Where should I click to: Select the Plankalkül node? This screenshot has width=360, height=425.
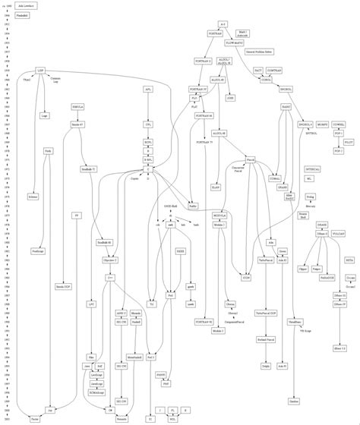pos(23,14)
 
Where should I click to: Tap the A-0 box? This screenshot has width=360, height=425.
pos(222,25)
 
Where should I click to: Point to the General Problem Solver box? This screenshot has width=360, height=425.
pos(258,52)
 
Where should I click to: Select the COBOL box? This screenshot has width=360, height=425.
pos(266,80)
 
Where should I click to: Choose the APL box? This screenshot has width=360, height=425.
pos(149,89)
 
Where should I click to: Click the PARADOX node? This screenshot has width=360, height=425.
pos(327,278)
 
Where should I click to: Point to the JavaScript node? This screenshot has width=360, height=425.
pos(96,384)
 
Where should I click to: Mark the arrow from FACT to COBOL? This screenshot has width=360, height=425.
pos(262,74)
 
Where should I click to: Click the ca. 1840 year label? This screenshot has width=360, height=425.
pos(7,5)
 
